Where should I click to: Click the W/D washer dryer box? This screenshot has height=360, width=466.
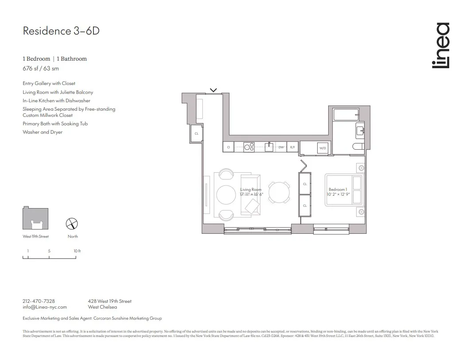tap(322, 148)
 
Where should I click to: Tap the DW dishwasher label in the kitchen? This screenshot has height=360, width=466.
tap(281, 147)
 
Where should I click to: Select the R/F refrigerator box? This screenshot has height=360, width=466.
tap(292, 147)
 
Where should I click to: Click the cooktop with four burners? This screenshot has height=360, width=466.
tap(249, 147)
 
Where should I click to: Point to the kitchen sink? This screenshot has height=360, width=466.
tap(269, 147)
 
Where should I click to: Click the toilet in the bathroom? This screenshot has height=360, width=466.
tap(358, 147)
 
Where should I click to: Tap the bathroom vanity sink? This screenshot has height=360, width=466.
tap(360, 130)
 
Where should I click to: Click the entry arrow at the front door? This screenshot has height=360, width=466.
tap(213, 90)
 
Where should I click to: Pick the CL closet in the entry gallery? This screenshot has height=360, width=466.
tap(196, 133)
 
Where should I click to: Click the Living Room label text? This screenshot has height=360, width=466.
tap(251, 190)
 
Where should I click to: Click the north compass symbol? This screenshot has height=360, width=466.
tap(72, 224)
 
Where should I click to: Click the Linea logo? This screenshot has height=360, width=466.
tap(440, 46)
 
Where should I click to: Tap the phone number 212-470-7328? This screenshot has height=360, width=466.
tap(39, 301)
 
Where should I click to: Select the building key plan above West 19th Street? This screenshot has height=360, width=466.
tap(35, 218)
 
